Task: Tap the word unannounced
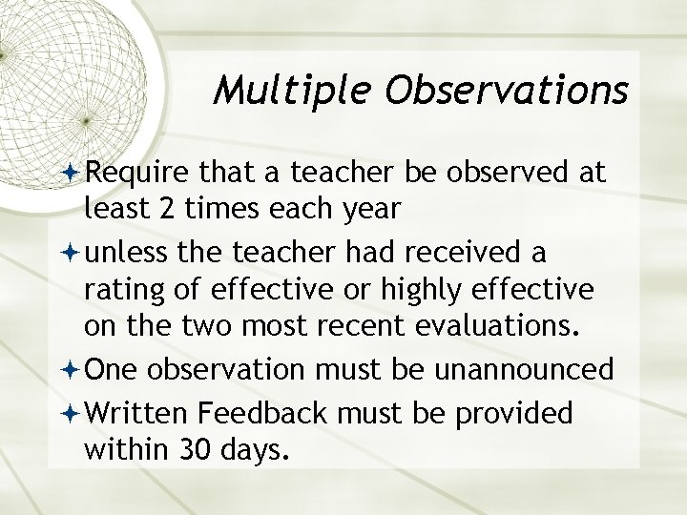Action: coord(533,369)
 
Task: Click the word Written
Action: coord(139,413)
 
